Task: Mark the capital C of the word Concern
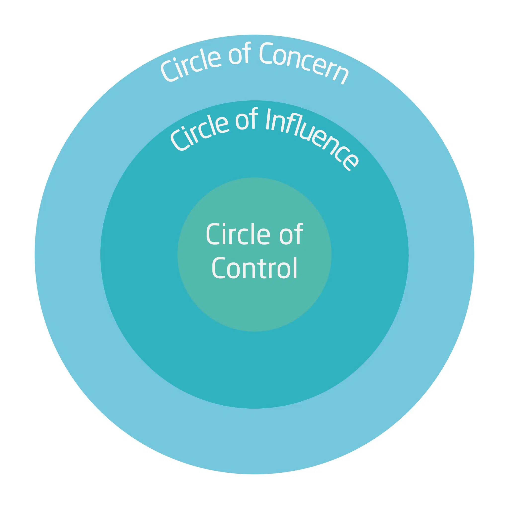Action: pyautogui.click(x=267, y=54)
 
